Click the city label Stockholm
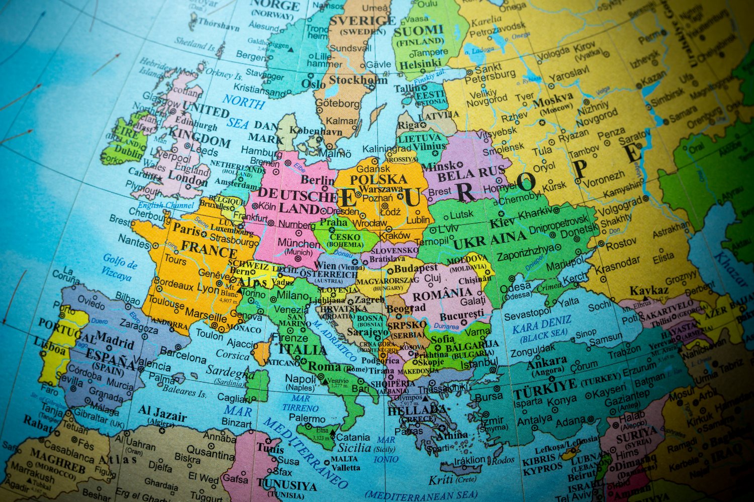[358, 80]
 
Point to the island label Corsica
[232, 355]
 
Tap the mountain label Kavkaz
[649, 291]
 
